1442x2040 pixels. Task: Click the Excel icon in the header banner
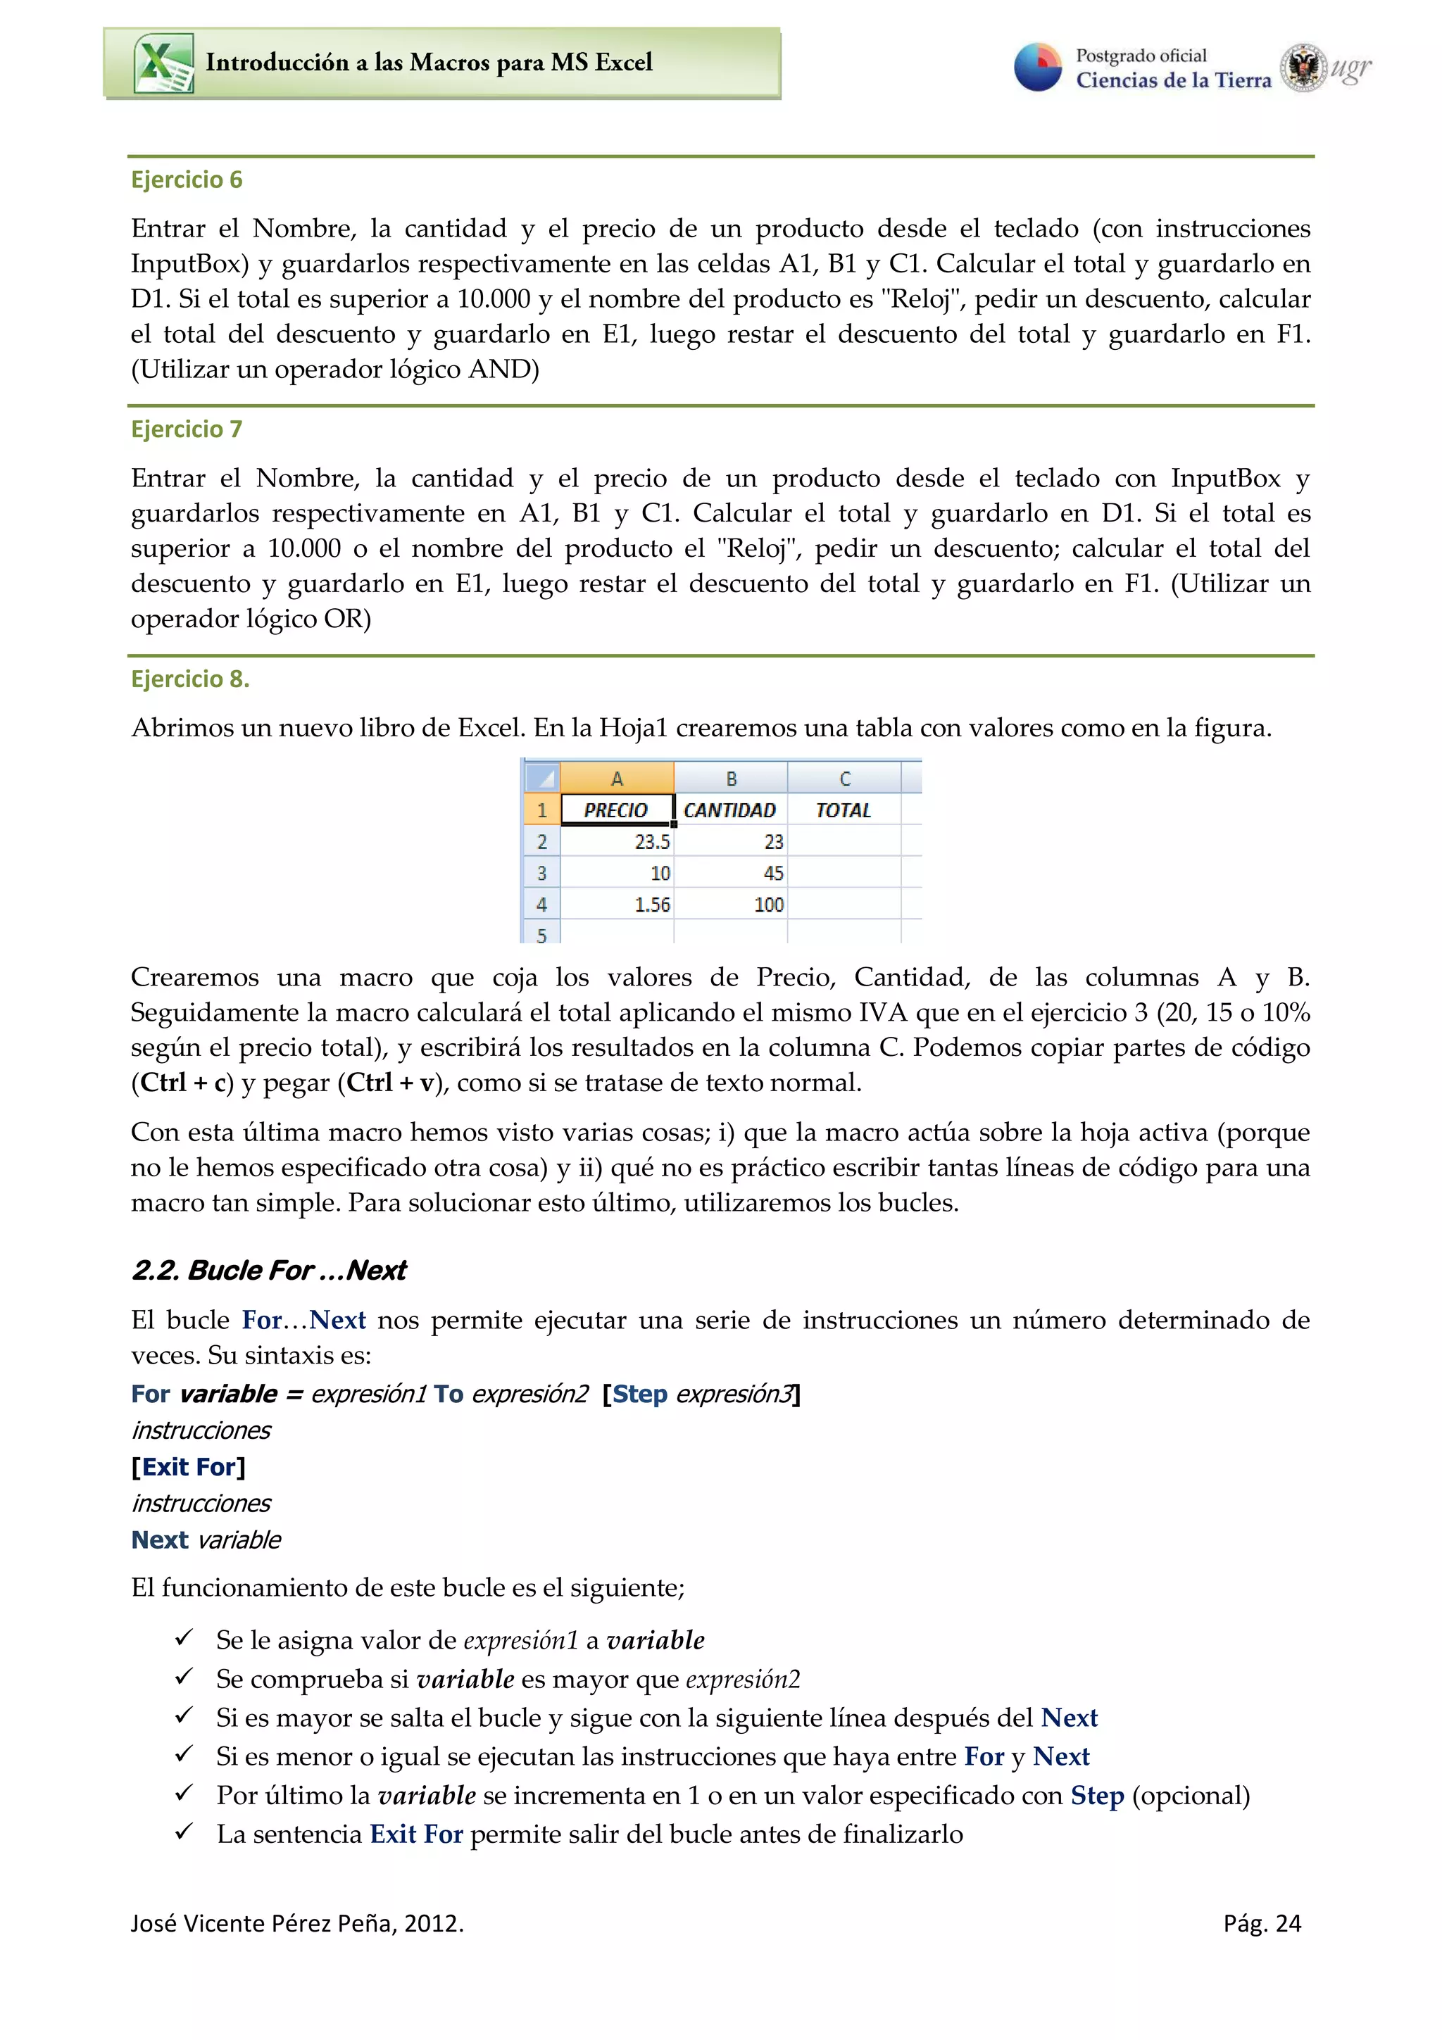point(163,63)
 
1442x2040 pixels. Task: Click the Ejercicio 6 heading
point(187,180)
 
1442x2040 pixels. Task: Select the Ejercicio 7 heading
point(187,429)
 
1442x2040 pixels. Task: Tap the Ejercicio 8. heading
point(190,679)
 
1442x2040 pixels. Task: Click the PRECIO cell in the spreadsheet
point(615,810)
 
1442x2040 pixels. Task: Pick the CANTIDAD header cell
point(729,810)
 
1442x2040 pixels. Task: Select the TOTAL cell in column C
point(844,810)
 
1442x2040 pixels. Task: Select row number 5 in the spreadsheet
point(541,934)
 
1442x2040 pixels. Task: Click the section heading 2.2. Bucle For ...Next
point(268,1271)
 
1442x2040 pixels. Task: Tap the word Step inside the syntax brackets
point(640,1394)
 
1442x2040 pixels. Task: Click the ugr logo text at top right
point(1350,68)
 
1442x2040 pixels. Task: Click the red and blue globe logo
point(1038,68)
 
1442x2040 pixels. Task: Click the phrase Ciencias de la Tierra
point(1173,81)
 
